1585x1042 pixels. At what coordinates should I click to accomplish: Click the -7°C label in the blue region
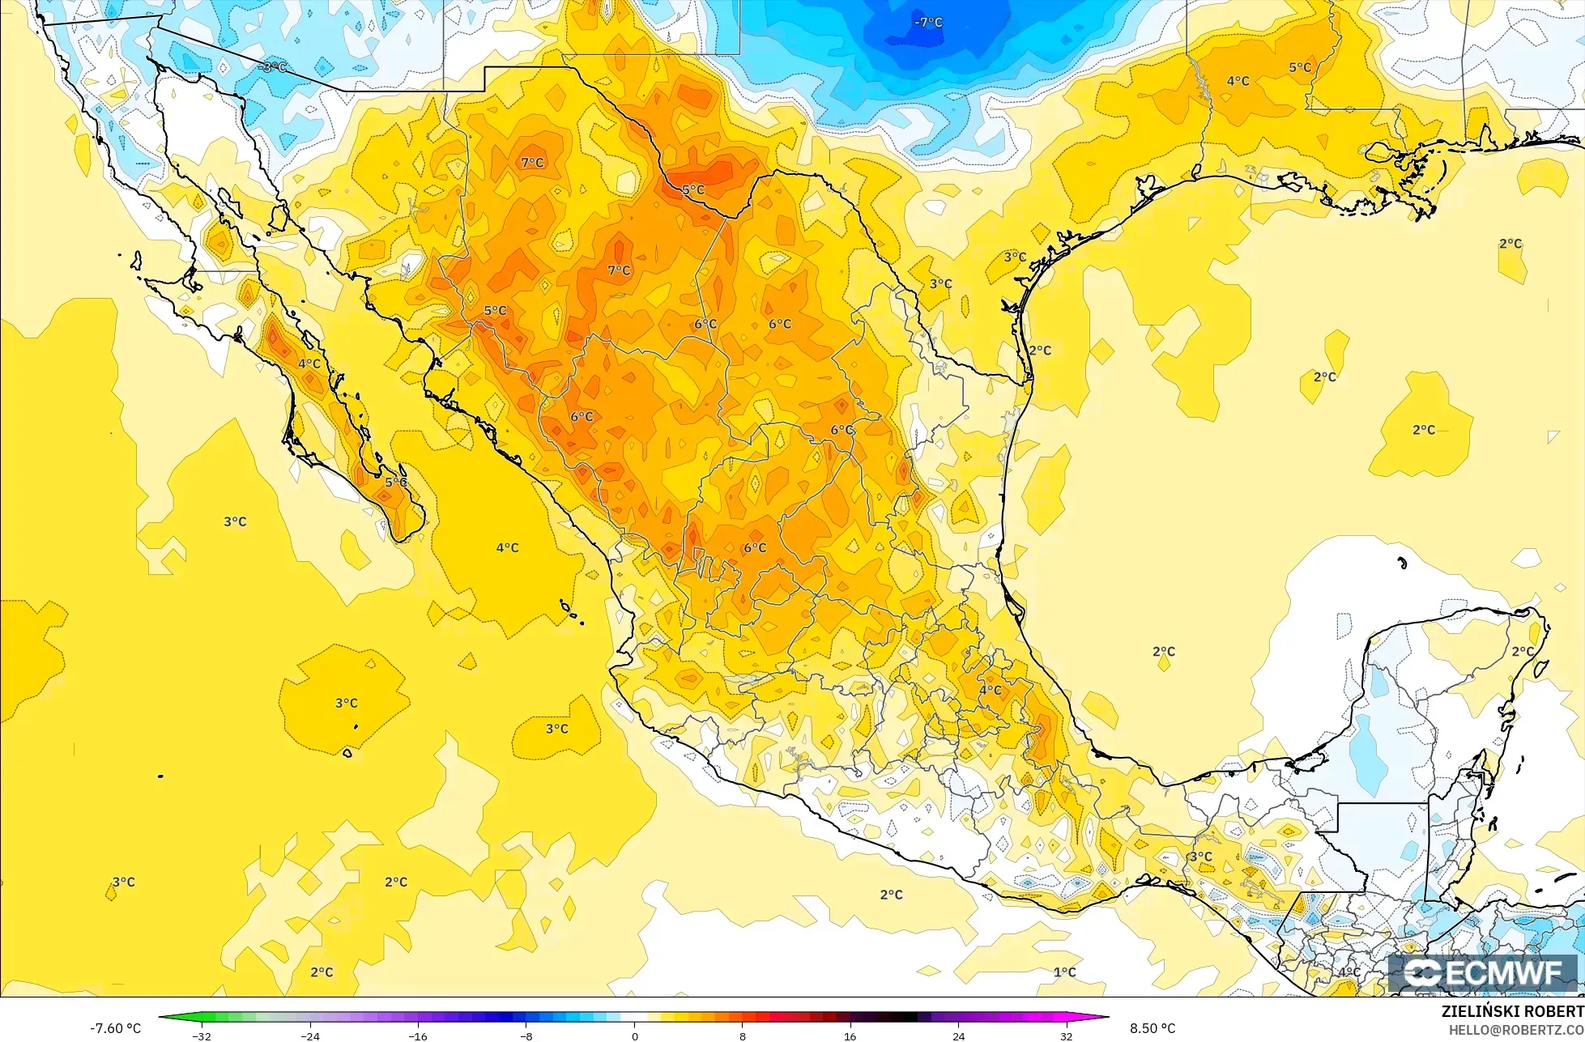pos(928,23)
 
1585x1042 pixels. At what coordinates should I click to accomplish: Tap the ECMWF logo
pos(1484,973)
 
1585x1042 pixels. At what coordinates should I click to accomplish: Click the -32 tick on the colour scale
pos(202,1036)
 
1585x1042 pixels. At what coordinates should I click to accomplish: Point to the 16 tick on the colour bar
pos(850,1036)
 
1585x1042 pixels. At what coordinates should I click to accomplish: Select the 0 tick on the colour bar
pos(634,1036)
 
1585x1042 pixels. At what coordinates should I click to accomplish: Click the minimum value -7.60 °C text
pos(115,1028)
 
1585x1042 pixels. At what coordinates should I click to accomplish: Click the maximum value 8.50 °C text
pos(1153,1028)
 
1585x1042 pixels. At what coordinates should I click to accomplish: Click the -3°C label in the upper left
pos(273,67)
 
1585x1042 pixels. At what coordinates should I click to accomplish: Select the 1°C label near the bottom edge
pos(1064,972)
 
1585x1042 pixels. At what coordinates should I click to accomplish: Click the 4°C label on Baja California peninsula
pos(309,364)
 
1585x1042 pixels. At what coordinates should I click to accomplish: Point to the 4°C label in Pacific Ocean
pos(507,548)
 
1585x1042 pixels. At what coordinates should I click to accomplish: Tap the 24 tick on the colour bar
pos(958,1036)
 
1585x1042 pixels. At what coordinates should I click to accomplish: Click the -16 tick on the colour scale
pos(417,1036)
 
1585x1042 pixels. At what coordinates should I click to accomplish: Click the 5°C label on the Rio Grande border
pos(692,190)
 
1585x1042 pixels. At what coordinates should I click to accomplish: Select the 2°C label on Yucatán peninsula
pos(1523,651)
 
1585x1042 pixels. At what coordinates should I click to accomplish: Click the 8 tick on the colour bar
pos(742,1036)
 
